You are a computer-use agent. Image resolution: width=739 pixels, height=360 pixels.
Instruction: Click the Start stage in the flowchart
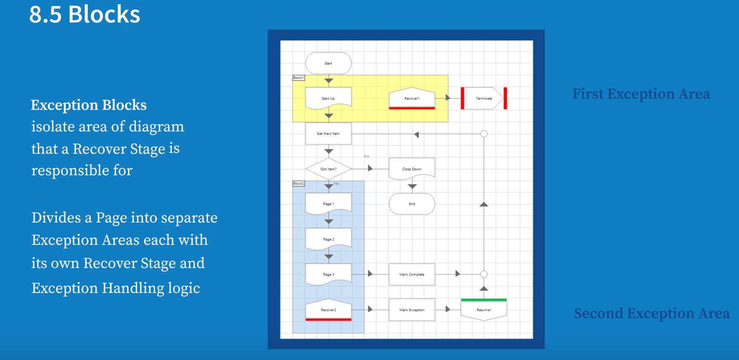click(328, 63)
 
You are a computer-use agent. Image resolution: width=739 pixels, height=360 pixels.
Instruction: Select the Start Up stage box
click(328, 98)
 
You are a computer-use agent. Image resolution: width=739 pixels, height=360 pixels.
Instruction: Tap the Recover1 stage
click(412, 98)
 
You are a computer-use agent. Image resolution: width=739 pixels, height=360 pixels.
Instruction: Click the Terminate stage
click(484, 98)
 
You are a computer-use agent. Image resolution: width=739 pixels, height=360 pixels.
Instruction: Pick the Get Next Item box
click(328, 134)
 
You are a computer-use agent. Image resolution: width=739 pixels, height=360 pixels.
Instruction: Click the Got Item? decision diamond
click(328, 169)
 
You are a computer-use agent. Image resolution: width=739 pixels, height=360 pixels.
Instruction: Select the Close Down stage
click(412, 169)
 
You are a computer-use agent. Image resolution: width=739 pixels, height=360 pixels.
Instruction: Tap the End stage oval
click(412, 204)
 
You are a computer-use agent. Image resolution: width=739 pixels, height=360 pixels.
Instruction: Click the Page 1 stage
click(328, 204)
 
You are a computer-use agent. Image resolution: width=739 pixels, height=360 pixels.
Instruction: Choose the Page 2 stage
click(328, 239)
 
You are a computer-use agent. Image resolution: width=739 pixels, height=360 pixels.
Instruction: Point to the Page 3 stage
click(328, 274)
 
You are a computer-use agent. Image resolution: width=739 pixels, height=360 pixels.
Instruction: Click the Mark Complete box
click(412, 274)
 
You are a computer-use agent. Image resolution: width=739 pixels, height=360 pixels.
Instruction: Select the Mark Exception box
click(412, 310)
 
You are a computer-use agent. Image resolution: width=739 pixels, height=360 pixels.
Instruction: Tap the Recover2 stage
click(328, 310)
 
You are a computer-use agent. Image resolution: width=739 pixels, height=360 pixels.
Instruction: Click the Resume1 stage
click(484, 310)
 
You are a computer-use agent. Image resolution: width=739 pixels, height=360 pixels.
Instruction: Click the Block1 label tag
click(299, 78)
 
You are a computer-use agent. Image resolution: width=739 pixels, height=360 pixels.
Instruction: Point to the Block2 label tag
click(299, 183)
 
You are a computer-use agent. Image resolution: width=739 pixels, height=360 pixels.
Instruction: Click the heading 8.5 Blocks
click(85, 14)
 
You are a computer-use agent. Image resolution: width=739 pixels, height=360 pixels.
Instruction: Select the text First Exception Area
click(641, 94)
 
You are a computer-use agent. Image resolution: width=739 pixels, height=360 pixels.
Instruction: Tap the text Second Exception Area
click(651, 313)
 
